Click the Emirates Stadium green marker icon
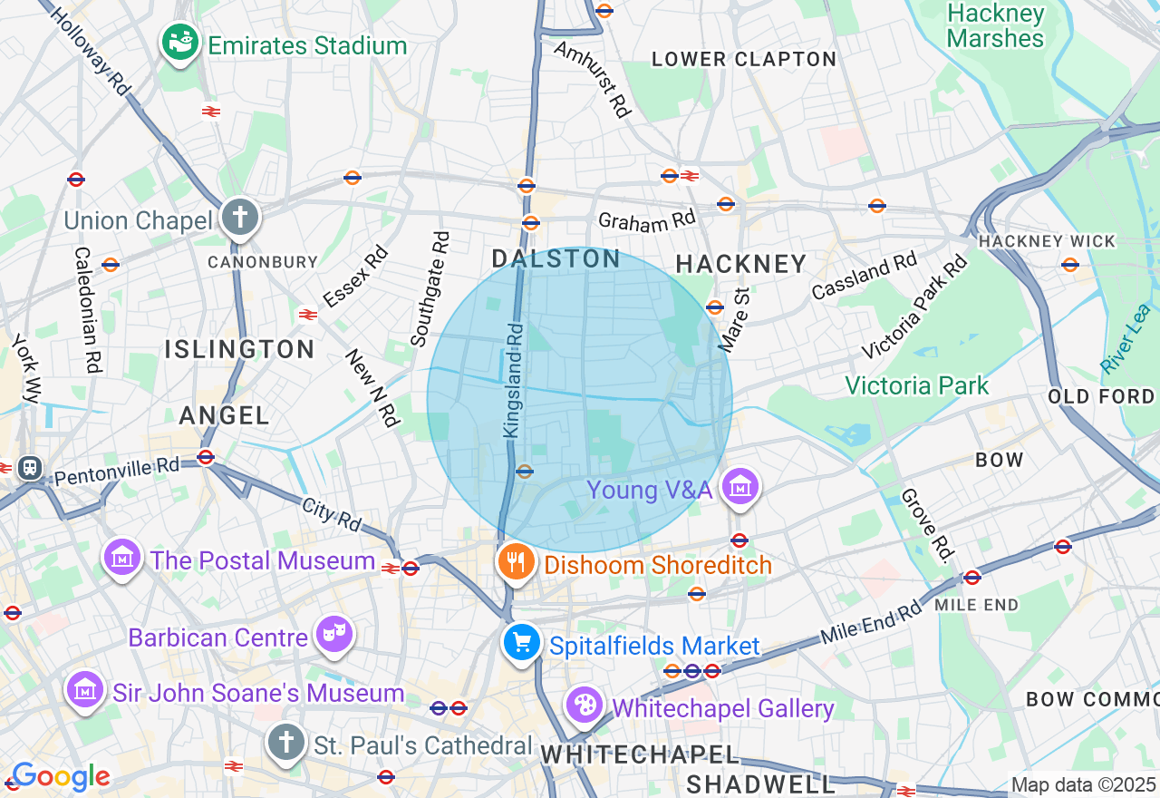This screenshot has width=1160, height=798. [x=179, y=42]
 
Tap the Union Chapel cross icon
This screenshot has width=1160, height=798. [x=240, y=218]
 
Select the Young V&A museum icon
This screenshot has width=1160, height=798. [x=740, y=488]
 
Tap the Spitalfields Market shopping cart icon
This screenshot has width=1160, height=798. [x=521, y=643]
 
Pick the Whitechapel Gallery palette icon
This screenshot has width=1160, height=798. [x=585, y=705]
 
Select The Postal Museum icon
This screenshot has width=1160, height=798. [x=122, y=558]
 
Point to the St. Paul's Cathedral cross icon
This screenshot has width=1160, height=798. [x=286, y=743]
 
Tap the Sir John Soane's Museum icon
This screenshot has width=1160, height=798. [x=84, y=690]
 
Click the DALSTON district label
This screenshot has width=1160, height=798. [x=556, y=259]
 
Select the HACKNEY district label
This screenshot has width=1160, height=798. [x=741, y=264]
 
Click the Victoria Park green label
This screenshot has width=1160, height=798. [x=917, y=385]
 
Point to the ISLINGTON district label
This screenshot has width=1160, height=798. [x=239, y=349]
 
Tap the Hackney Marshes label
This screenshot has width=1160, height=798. [x=995, y=26]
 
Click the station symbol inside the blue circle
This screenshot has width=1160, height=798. [x=524, y=471]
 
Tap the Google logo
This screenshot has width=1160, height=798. [x=60, y=776]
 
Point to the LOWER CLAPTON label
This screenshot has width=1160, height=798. [x=744, y=60]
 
